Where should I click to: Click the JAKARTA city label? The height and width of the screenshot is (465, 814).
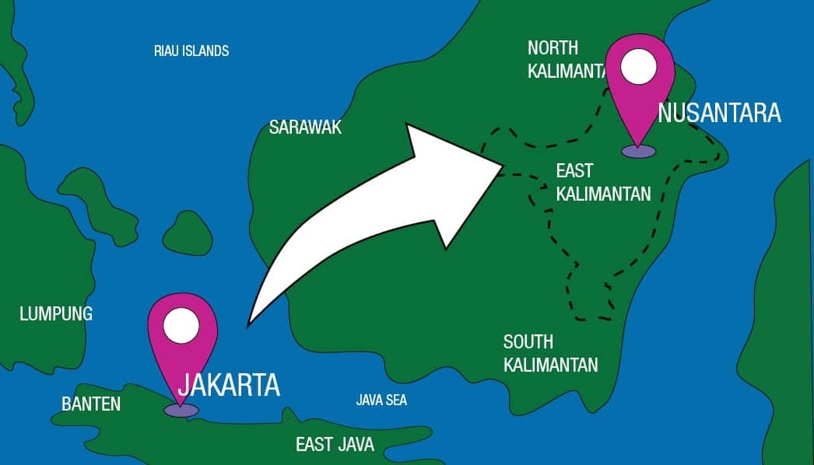[229, 385]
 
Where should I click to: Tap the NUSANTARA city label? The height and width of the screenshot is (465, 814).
[719, 114]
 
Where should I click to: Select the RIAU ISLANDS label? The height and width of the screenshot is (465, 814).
[191, 51]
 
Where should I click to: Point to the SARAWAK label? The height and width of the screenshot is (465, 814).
[305, 128]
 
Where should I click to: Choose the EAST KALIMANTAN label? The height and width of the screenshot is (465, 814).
[603, 182]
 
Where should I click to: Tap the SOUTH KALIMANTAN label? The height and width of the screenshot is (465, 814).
[550, 353]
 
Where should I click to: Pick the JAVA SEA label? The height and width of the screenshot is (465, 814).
[381, 400]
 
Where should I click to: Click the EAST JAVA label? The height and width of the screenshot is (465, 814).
[335, 445]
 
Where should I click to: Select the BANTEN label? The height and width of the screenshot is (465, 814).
[91, 404]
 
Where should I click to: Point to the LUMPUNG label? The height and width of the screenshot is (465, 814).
[56, 314]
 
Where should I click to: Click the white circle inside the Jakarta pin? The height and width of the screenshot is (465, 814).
[182, 325]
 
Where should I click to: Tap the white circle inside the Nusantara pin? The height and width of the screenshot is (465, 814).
[640, 68]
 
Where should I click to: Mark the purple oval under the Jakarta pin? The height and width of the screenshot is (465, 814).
[181, 410]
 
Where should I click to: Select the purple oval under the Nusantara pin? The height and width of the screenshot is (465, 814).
[639, 151]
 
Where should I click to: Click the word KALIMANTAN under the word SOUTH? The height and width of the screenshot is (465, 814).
[550, 364]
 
